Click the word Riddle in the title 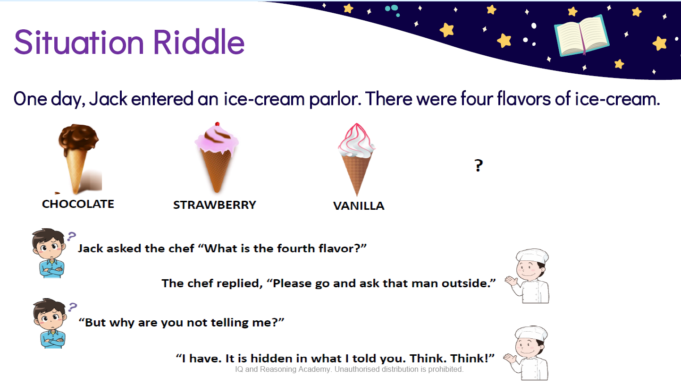(x=199, y=42)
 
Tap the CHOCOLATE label (x=78, y=204)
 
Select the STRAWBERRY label (x=215, y=205)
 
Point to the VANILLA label (x=359, y=206)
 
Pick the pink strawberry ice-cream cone (x=217, y=158)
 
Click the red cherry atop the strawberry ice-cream (x=217, y=124)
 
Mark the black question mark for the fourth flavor (x=479, y=165)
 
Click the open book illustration (x=581, y=35)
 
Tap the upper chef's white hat (x=532, y=256)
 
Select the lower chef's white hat (x=531, y=333)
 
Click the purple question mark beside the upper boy (x=72, y=236)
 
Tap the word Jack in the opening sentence (x=108, y=99)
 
